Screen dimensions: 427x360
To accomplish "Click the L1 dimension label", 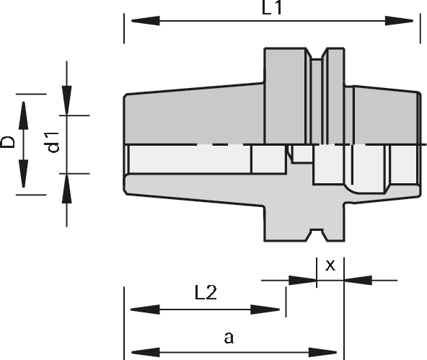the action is [x=271, y=8].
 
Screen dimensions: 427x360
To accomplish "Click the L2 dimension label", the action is [x=206, y=293].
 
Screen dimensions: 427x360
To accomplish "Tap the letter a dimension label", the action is [x=229, y=338].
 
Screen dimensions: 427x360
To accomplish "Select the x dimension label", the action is [x=330, y=265].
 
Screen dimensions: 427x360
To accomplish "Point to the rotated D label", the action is [x=7, y=142].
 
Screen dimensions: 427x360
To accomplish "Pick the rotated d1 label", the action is [x=53, y=142].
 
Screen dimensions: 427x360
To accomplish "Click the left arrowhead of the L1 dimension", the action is [x=146, y=21].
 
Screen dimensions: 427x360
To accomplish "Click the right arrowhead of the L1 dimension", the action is [x=399, y=21].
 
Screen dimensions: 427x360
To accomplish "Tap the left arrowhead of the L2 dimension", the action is [x=145, y=309].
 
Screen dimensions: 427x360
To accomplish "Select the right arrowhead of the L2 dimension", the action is [x=265, y=309].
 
